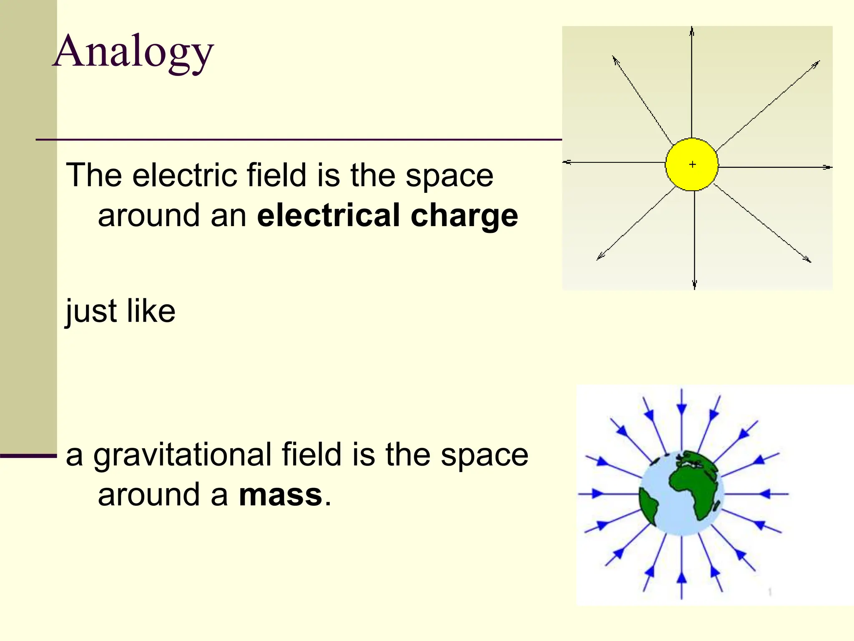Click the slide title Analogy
click(133, 52)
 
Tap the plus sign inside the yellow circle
click(693, 164)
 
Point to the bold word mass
click(281, 495)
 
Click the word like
click(151, 311)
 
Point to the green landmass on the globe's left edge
click(648, 507)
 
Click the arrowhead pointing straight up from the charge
click(692, 31)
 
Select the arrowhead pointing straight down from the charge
click(694, 285)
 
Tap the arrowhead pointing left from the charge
click(567, 162)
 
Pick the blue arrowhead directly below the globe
click(682, 578)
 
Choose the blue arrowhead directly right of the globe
click(765, 494)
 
